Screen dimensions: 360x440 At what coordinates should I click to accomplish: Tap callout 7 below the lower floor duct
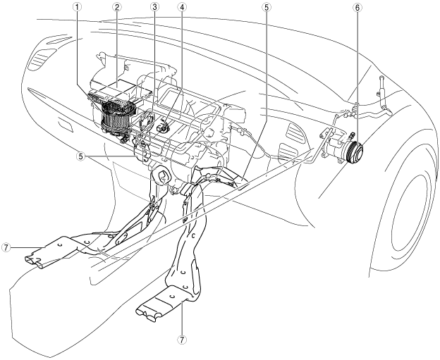pyautogui.click(x=183, y=340)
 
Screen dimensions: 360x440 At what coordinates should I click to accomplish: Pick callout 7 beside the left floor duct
pyautogui.click(x=6, y=249)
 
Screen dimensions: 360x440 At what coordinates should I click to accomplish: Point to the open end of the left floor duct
pyautogui.click(x=35, y=261)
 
